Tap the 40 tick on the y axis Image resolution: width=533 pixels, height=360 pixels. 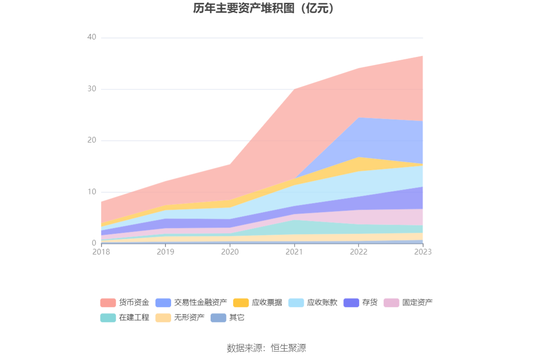(x=92, y=38)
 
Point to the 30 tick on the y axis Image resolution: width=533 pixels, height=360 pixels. (x=92, y=89)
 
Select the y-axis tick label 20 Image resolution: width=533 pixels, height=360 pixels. (x=92, y=141)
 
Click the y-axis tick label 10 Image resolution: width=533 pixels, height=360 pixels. (x=92, y=192)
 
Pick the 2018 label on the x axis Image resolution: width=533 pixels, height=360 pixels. (x=101, y=252)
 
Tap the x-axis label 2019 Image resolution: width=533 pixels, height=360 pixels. (x=165, y=252)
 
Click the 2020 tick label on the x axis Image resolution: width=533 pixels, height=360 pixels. (x=230, y=252)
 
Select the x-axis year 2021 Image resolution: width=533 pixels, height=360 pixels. (x=294, y=252)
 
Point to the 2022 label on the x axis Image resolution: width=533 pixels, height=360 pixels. (x=359, y=252)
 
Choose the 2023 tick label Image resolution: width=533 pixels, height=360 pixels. (x=423, y=252)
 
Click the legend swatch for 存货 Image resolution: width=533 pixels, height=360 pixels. (x=351, y=303)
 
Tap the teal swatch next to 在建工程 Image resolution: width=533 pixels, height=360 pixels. (x=108, y=318)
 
